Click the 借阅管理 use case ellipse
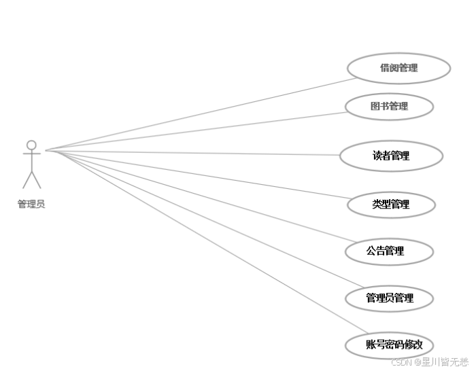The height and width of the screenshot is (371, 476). point(398,68)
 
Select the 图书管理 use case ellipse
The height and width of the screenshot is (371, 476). point(389,106)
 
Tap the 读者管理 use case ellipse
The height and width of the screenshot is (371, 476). point(391,156)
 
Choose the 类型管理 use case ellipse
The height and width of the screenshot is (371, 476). point(391,204)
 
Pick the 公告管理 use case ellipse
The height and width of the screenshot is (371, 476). point(389,251)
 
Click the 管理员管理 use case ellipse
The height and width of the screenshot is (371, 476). point(390,298)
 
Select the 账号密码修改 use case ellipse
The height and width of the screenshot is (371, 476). point(390,344)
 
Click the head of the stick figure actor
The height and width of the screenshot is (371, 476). point(31,145)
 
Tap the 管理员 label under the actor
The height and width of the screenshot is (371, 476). point(31,204)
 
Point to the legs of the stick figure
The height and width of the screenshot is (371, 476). point(31,179)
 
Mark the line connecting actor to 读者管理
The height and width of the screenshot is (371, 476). point(204,153)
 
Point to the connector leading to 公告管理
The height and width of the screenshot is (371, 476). point(204,200)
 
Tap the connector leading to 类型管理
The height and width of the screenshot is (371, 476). point(204,175)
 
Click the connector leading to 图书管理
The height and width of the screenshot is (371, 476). point(204,130)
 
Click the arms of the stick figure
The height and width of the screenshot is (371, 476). point(31,154)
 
